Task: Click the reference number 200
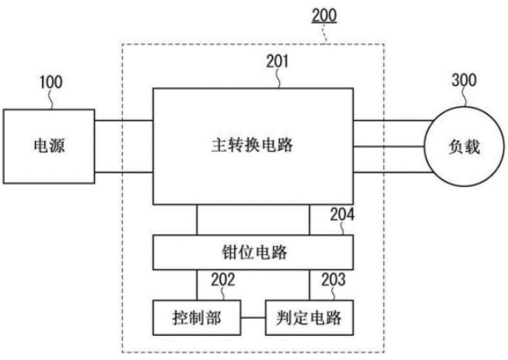click(x=324, y=15)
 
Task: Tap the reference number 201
click(x=277, y=61)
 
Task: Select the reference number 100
click(x=51, y=83)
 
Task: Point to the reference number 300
click(x=464, y=80)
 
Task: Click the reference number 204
click(x=342, y=215)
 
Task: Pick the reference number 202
click(x=223, y=279)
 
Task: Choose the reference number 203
click(x=333, y=279)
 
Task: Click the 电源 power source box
click(x=49, y=146)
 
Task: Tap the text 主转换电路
click(x=252, y=145)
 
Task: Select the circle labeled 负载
click(x=464, y=146)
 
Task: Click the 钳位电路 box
click(x=253, y=252)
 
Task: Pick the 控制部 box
click(x=197, y=318)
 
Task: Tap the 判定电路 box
click(x=309, y=318)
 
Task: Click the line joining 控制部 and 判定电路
click(x=253, y=318)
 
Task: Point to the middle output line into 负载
click(x=389, y=146)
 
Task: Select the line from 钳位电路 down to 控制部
click(x=197, y=285)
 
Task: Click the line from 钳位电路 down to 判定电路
click(x=310, y=285)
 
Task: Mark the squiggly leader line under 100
click(x=50, y=100)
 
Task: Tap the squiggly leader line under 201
click(x=278, y=78)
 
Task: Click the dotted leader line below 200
click(x=325, y=33)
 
